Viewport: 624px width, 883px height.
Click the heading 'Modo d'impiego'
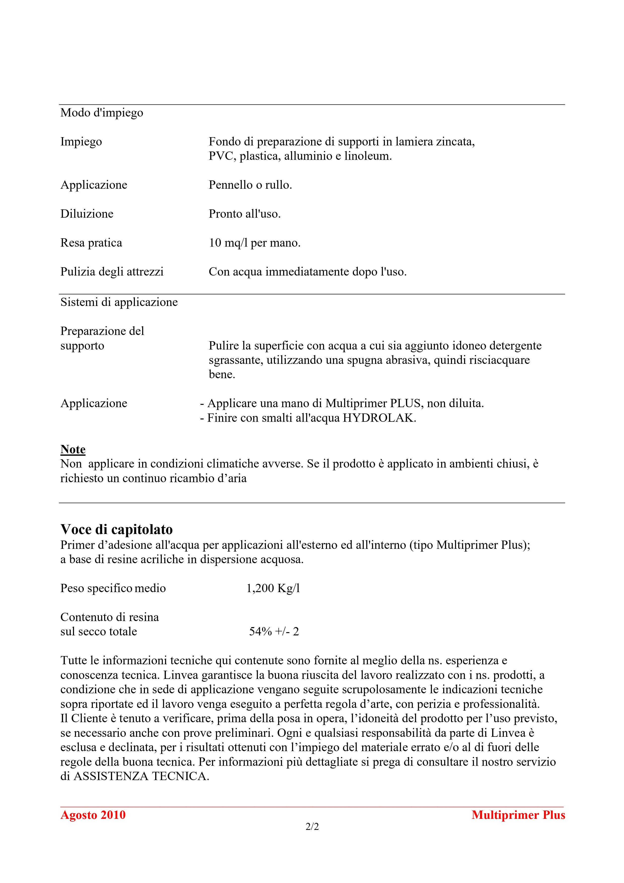point(102,113)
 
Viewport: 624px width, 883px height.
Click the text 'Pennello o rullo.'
point(250,185)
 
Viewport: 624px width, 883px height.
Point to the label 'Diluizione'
point(87,214)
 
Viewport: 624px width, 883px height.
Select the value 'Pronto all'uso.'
point(244,214)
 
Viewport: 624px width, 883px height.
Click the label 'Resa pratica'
point(91,243)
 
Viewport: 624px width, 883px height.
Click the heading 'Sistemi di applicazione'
point(119,302)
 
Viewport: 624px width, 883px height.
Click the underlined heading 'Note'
point(73,449)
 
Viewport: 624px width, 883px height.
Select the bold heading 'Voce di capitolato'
point(116,529)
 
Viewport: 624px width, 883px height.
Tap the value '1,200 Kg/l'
point(273,588)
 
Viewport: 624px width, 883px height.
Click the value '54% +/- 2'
point(274,631)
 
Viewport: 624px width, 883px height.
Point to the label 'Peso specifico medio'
point(113,588)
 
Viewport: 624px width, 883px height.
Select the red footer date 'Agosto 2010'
point(93,815)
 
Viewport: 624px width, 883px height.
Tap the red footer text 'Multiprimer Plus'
point(518,815)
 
